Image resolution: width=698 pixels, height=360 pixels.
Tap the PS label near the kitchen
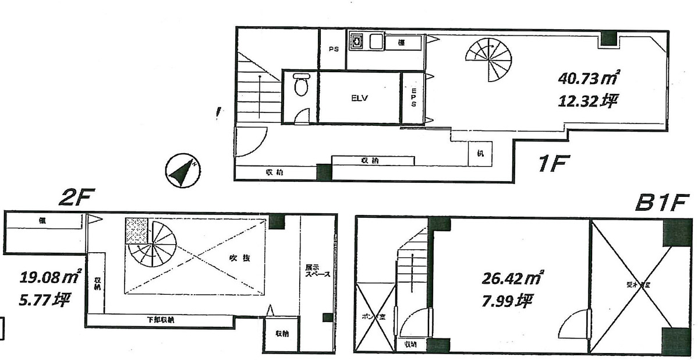coord(334,49)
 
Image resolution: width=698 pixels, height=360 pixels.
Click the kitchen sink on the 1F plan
coord(357,42)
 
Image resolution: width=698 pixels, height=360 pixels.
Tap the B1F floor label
coord(663,203)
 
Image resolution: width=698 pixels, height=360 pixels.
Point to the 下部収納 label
coord(160,320)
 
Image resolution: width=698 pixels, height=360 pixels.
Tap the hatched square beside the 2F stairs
coord(137,230)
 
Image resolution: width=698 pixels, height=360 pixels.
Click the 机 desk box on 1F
coord(480,154)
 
